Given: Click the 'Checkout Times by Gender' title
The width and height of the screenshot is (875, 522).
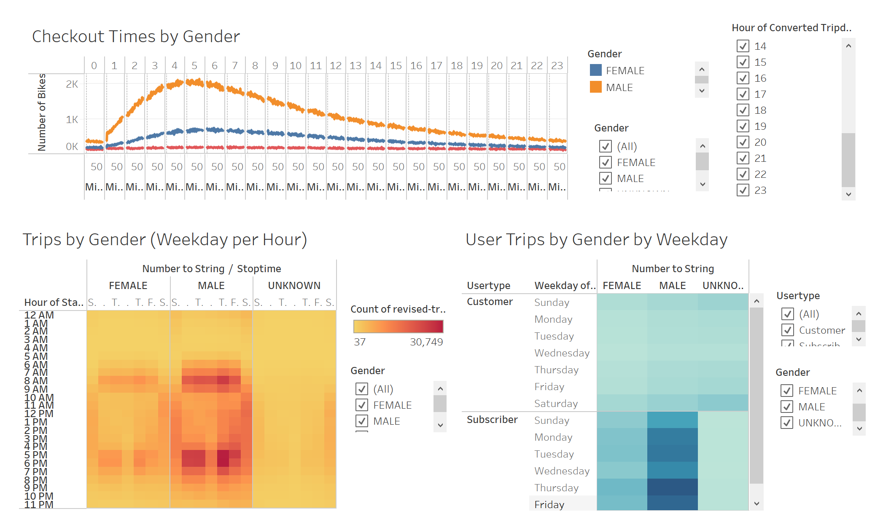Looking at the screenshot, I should (x=136, y=37).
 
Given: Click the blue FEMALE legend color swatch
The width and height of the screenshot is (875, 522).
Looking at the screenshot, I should (x=595, y=70).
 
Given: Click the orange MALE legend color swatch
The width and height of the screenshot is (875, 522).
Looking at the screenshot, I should (x=595, y=87).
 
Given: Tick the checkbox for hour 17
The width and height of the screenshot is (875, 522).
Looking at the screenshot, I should (x=743, y=94).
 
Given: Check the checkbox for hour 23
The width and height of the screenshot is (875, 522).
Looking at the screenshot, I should (x=743, y=190).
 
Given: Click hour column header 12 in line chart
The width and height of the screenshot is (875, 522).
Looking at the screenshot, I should (x=336, y=66).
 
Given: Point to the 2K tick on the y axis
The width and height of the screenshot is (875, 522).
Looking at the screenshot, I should (x=72, y=84).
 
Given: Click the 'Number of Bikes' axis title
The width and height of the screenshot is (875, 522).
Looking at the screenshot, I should (x=42, y=112).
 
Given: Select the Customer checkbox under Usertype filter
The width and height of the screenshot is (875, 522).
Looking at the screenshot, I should (x=787, y=330).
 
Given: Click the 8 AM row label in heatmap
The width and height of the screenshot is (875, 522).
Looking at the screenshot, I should (x=36, y=381).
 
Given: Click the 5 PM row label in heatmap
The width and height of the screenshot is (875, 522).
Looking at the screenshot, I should (x=36, y=455).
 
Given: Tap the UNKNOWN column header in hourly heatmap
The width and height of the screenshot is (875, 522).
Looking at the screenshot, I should (x=294, y=286).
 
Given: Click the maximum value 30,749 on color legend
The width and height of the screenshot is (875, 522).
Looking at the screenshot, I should (x=426, y=342).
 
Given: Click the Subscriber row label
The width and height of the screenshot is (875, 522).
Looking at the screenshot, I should (x=492, y=420).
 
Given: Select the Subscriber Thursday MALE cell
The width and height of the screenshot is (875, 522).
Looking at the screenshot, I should (x=672, y=487).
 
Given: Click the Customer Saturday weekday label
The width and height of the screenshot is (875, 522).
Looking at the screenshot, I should (x=556, y=404).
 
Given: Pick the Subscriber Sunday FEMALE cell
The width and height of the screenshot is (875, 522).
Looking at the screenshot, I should (x=622, y=420).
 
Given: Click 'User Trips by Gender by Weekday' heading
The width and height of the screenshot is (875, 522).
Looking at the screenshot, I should (x=596, y=239).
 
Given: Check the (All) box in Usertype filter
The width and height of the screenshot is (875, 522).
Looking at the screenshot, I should (x=787, y=314).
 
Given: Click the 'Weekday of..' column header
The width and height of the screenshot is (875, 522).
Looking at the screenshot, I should (x=565, y=286).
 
